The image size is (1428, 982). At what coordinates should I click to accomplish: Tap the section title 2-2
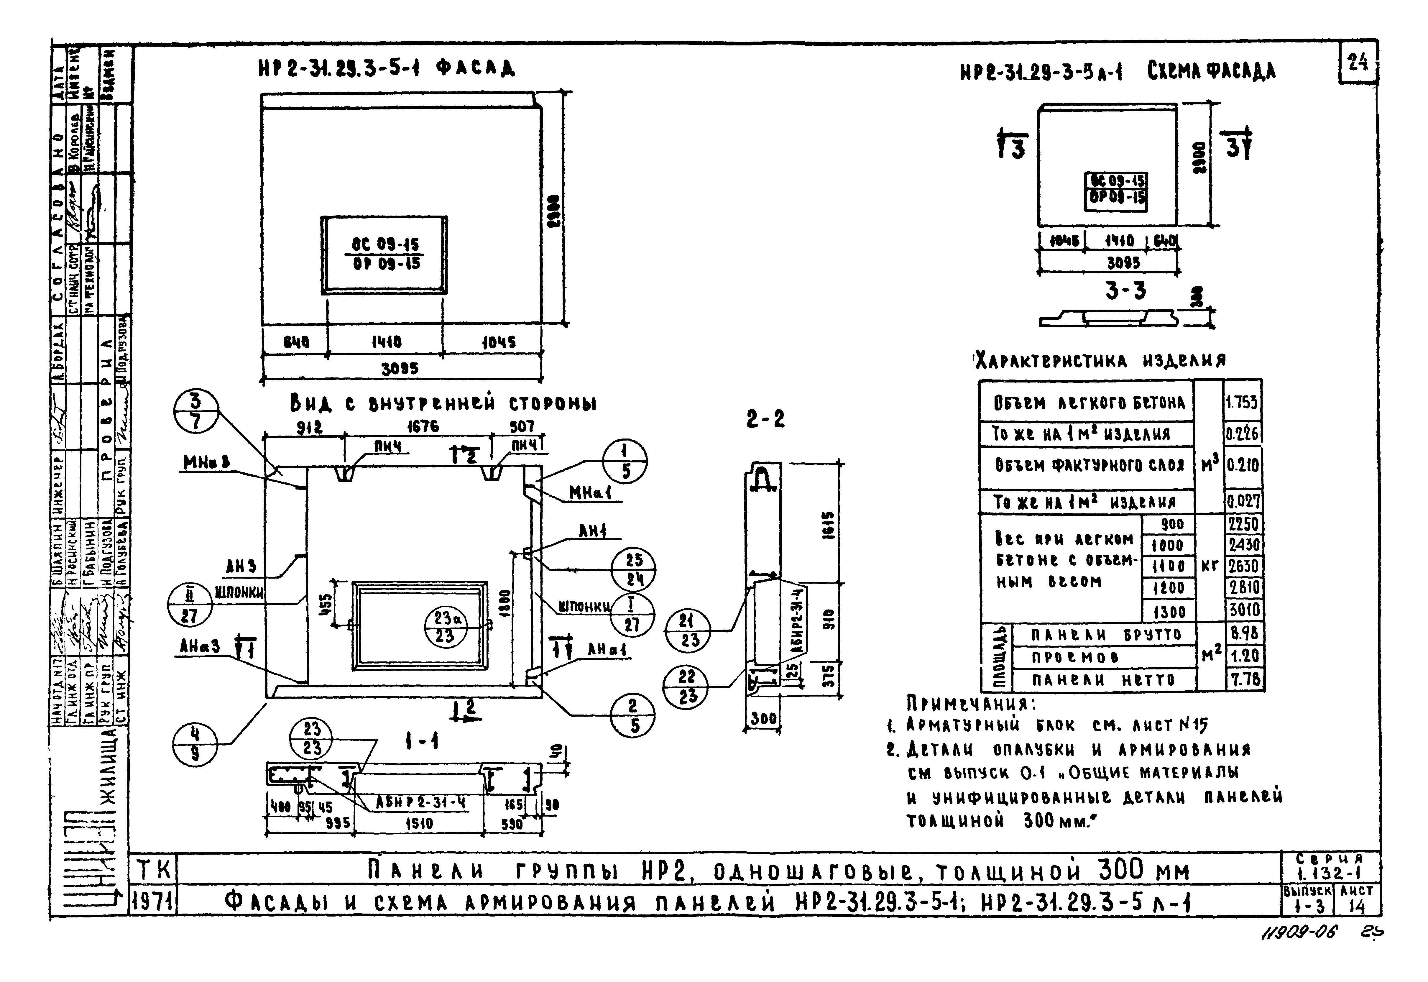pyautogui.click(x=765, y=419)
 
